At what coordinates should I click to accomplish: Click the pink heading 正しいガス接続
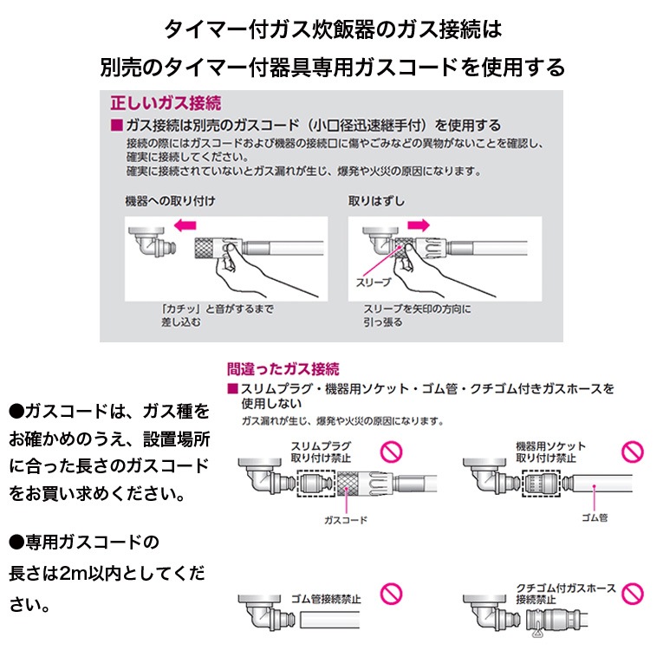[x=160, y=101]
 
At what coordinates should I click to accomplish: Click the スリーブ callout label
[x=373, y=283]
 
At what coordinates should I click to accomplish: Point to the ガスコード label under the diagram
[x=346, y=519]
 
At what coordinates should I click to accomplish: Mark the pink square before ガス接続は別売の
[x=117, y=127]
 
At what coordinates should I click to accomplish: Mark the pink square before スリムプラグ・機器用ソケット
[x=231, y=388]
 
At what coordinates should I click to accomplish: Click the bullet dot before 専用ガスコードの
[x=16, y=543]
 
